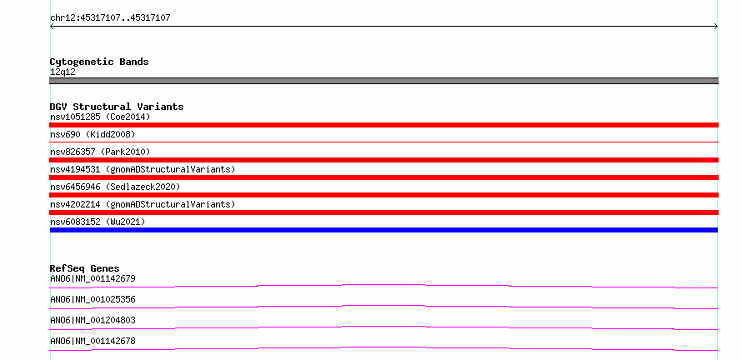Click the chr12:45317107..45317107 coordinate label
(x=110, y=18)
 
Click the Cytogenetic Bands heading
(x=99, y=62)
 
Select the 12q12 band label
(x=63, y=72)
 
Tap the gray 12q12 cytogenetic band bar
(x=384, y=81)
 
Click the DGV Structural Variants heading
(x=117, y=107)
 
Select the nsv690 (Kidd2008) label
(x=93, y=134)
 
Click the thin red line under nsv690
(x=384, y=142)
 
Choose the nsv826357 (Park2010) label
(x=100, y=152)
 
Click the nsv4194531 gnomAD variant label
(x=143, y=169)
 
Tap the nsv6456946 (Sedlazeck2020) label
(x=115, y=187)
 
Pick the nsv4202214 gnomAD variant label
(x=143, y=204)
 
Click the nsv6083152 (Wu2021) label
(x=98, y=222)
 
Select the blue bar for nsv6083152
(x=384, y=230)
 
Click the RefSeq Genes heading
(x=85, y=268)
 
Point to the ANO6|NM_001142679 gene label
(x=93, y=278)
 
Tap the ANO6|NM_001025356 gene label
(x=93, y=299)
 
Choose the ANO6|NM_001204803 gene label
(x=93, y=320)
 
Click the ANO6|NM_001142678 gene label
(x=93, y=341)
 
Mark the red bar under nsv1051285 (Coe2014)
(x=384, y=125)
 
